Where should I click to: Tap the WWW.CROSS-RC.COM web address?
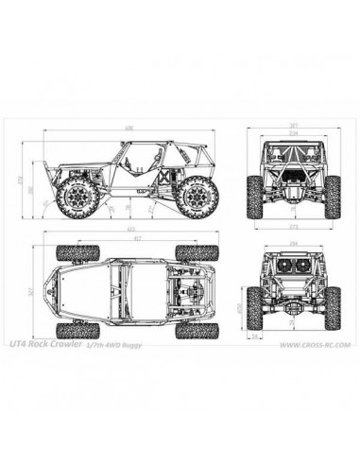[x=315, y=346]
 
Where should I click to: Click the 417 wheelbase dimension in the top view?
[x=138, y=238]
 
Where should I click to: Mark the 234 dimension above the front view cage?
[x=293, y=133]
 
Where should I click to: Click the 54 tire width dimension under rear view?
[x=255, y=334]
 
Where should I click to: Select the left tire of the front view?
[x=254, y=194]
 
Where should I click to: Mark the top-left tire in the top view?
[x=73, y=251]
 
